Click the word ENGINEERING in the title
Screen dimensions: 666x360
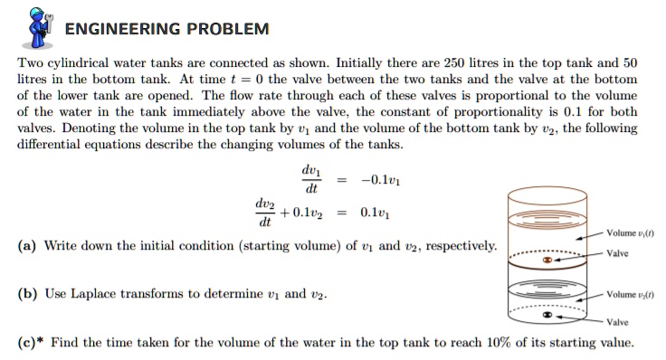pyautogui.click(x=124, y=28)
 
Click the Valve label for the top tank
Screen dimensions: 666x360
pyautogui.click(x=618, y=253)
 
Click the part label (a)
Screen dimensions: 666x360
pyautogui.click(x=28, y=246)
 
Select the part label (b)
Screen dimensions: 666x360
pyautogui.click(x=28, y=294)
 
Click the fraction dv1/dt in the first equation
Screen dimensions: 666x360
pyautogui.click(x=310, y=179)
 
